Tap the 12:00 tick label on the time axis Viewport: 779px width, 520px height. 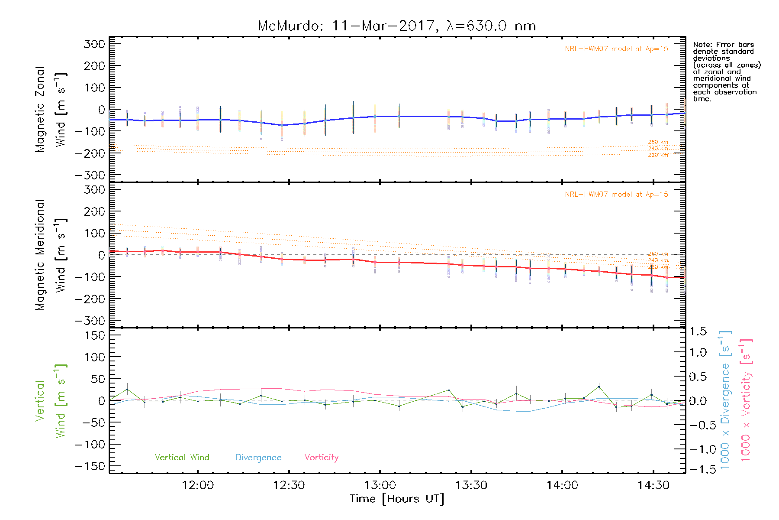coord(198,485)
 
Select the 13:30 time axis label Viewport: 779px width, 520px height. coord(471,485)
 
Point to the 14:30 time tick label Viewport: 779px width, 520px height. coord(653,485)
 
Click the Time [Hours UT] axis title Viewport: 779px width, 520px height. coord(397,499)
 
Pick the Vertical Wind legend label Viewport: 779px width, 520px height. coord(182,457)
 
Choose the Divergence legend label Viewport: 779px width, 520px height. coord(258,457)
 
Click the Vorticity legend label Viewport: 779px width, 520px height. coord(321,457)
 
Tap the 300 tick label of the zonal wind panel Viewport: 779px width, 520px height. coord(95,44)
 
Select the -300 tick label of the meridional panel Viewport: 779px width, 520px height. coord(90,321)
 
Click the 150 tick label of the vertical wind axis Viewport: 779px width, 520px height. coord(95,335)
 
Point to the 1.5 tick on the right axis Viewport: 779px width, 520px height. coord(698,331)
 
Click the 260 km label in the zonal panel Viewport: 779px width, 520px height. coord(658,142)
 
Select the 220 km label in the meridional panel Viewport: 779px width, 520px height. coord(658,267)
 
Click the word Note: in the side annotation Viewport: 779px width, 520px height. coord(702,45)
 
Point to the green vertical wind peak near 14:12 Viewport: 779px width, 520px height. coord(599,387)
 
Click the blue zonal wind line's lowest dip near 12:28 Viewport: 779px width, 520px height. coord(282,125)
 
